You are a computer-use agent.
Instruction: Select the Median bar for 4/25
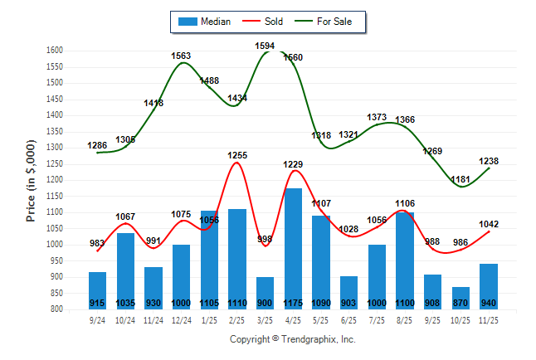tap(293, 249)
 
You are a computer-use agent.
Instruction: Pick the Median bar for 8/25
tap(404, 260)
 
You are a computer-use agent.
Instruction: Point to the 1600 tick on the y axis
tap(55, 51)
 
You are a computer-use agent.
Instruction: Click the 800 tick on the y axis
tap(57, 309)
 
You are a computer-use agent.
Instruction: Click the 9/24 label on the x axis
tap(97, 319)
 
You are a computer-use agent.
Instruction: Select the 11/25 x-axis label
tap(488, 319)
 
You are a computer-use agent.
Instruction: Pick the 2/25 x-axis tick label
tap(236, 319)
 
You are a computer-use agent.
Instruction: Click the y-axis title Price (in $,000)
tap(31, 179)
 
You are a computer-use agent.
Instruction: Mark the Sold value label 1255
tap(237, 155)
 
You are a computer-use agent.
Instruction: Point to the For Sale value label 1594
tap(265, 46)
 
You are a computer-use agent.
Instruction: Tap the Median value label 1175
tap(293, 303)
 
